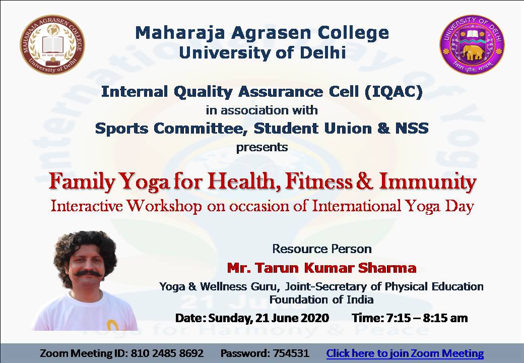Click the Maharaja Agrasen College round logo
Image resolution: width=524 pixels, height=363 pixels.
52,44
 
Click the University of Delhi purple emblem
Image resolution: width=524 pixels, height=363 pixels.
472,44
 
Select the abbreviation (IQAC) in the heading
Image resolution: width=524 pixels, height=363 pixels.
393,92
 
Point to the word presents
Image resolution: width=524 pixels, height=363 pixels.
262,147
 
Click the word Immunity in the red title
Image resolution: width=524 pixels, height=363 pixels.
427,183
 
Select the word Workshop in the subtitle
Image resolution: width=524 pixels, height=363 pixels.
164,206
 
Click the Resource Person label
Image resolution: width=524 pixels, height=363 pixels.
322,249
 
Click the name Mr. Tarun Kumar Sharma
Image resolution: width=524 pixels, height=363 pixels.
322,268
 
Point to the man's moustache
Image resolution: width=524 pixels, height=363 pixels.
88,273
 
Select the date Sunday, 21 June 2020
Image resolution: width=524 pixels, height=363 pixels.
269,318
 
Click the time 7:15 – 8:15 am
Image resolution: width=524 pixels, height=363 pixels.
427,318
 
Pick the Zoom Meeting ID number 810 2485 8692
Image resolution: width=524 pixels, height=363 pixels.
167,353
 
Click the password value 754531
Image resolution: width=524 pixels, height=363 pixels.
291,353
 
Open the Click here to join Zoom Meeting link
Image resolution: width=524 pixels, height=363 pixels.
405,353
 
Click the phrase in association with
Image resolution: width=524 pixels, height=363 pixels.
262,110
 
